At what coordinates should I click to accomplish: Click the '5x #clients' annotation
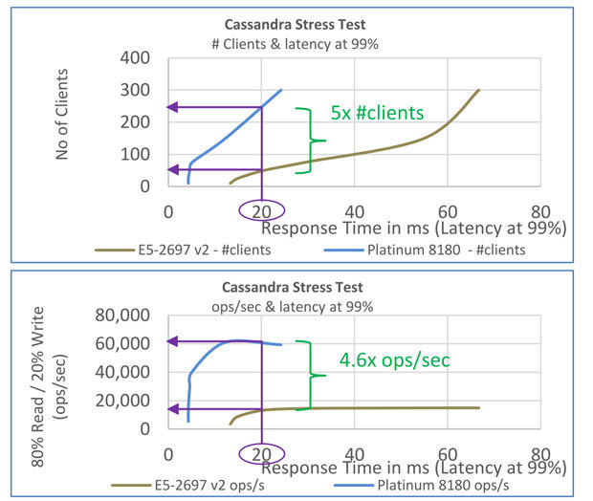click(377, 113)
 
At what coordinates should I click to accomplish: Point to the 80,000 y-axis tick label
click(120, 316)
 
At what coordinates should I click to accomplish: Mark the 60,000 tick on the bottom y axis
click(120, 342)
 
